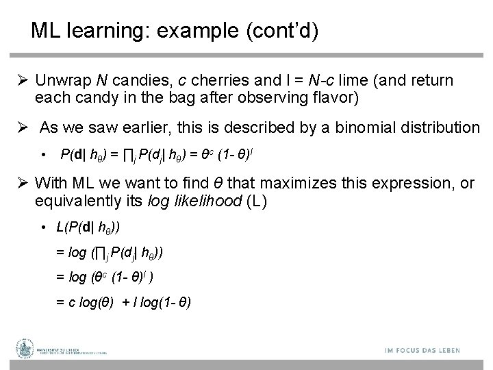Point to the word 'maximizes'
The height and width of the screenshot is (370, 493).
coord(292,183)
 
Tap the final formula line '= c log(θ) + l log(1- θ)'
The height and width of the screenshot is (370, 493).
coord(123,302)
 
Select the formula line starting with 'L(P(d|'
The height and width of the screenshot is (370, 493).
coord(88,227)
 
